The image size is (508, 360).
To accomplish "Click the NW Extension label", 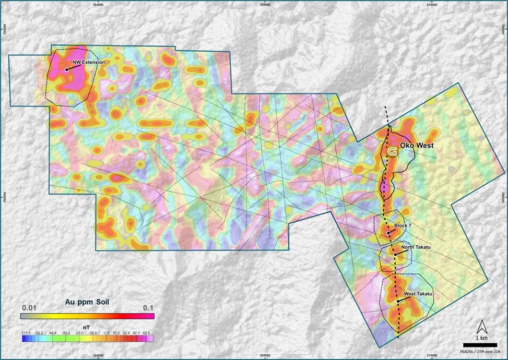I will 89,62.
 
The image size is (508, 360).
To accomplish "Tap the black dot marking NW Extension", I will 66,69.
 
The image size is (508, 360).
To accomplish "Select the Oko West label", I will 417,146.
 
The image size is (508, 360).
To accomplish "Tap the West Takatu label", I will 418,294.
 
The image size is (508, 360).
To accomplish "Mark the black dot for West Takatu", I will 398,301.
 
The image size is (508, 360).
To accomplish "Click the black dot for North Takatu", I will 395,254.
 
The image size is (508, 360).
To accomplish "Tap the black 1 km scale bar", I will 479,338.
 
